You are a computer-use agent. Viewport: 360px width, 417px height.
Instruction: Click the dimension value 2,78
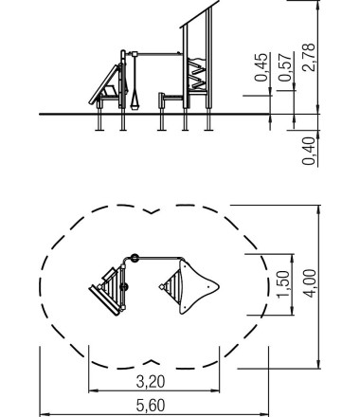tap(309, 57)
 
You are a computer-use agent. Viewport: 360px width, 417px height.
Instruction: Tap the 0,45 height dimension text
tap(261, 67)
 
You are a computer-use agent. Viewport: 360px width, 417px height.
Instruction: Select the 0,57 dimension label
tap(285, 67)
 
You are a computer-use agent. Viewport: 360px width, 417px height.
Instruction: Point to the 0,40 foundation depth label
tap(309, 151)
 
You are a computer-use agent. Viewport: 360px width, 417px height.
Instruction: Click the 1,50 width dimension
tap(283, 284)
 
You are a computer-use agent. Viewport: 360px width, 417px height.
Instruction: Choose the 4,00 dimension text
tap(309, 283)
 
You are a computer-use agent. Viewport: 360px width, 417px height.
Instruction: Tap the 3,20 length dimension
tap(151, 382)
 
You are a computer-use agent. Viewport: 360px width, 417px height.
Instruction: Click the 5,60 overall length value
tap(151, 406)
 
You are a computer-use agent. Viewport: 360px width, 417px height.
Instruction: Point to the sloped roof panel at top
tap(200, 14)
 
